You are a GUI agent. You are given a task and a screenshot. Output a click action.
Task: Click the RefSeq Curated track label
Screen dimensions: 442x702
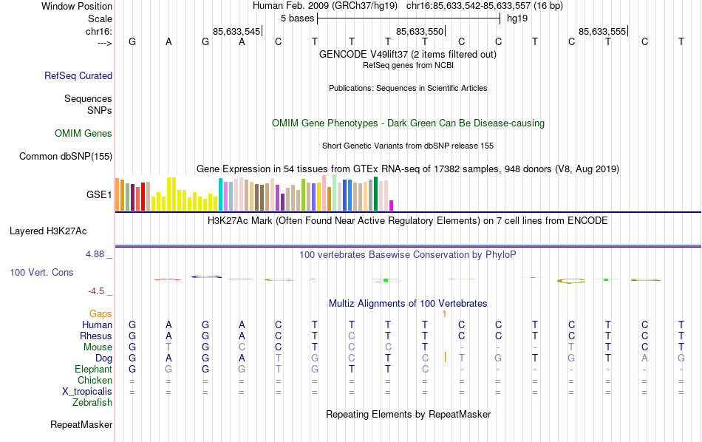pos(78,75)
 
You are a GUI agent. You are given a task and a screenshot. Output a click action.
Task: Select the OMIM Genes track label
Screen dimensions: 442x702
pos(84,134)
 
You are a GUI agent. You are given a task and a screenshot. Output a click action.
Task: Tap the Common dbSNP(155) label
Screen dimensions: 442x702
pos(66,156)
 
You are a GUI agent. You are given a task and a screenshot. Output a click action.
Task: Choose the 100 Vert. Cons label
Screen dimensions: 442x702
pos(41,273)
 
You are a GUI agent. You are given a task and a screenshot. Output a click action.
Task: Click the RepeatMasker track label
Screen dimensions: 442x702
pos(81,425)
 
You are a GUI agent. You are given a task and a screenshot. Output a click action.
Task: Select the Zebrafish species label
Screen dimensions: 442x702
pos(92,403)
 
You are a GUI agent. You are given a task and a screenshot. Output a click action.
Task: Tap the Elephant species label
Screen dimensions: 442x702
pos(93,370)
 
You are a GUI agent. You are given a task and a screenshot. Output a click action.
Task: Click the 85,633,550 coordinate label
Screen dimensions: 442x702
pos(420,31)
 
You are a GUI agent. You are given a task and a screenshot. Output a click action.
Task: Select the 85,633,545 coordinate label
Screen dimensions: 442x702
pos(236,31)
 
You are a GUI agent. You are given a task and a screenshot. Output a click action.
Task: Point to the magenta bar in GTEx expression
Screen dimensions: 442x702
pos(392,205)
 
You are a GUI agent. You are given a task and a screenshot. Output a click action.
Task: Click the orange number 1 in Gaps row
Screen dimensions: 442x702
pos(443,314)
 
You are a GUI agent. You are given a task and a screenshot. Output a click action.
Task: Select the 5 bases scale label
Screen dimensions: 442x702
pos(297,18)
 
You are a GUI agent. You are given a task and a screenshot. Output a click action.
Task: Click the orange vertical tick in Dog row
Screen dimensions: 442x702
pos(445,358)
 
